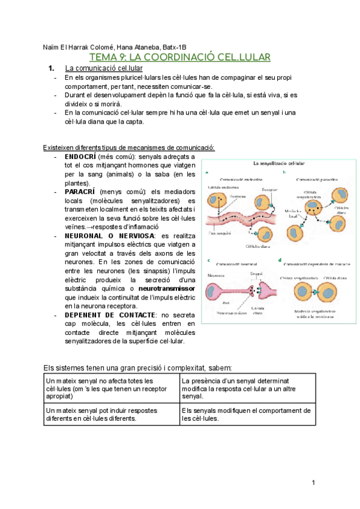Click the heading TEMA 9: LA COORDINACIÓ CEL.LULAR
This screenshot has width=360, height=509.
(x=179, y=58)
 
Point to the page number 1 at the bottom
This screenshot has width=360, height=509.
(x=313, y=483)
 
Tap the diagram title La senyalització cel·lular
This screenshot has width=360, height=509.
(x=277, y=163)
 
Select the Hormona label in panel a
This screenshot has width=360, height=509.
(x=238, y=196)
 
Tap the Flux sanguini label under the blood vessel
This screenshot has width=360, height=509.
(x=221, y=232)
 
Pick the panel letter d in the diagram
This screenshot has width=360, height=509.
(x=280, y=260)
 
